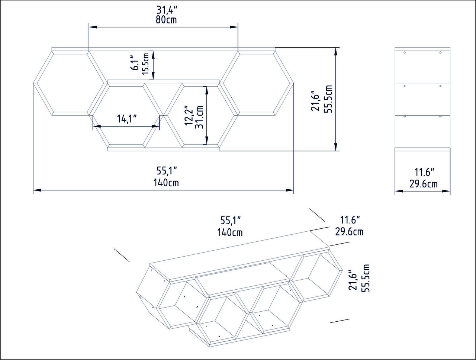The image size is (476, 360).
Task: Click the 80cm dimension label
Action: click(x=166, y=20)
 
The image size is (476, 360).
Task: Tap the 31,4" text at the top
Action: click(x=167, y=10)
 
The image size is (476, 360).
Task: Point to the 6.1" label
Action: click(x=135, y=63)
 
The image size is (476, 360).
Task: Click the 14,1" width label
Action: click(x=127, y=118)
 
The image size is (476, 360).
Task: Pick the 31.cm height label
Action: click(x=199, y=117)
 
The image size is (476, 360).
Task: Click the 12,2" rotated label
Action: click(x=189, y=116)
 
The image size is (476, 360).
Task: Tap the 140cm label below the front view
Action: click(x=166, y=183)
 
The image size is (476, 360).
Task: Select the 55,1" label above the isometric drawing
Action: click(x=231, y=221)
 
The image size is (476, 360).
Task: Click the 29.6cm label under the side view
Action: click(x=423, y=184)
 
